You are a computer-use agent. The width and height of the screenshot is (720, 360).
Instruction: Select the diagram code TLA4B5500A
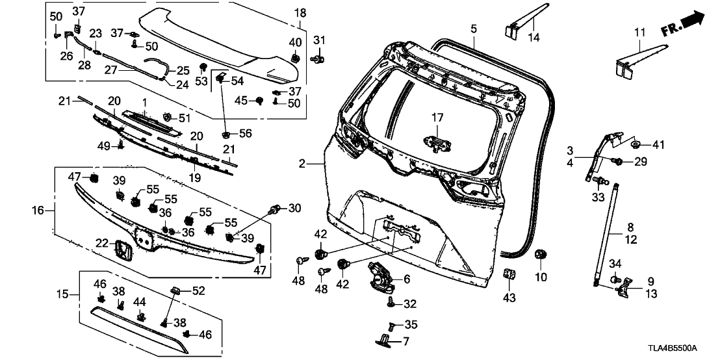coord(678,348)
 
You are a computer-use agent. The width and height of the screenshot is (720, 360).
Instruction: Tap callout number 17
coord(437,118)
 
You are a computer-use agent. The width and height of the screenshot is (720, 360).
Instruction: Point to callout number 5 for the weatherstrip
coord(474,29)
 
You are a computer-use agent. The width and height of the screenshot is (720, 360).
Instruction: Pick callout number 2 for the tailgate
coord(302,165)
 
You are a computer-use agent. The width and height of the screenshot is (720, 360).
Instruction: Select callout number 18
coord(300,13)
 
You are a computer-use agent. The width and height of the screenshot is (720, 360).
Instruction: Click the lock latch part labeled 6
coord(379,277)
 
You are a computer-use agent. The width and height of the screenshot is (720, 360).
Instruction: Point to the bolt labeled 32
coord(391,302)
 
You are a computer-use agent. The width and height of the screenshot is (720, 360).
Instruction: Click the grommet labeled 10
coord(539,255)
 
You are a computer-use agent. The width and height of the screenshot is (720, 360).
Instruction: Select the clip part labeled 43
coord(509,276)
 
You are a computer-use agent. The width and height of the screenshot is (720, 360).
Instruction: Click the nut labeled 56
coord(226,135)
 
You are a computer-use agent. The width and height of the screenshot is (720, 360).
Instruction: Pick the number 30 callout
coord(294,209)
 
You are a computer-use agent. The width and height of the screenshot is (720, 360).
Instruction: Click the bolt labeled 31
coord(318,60)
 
